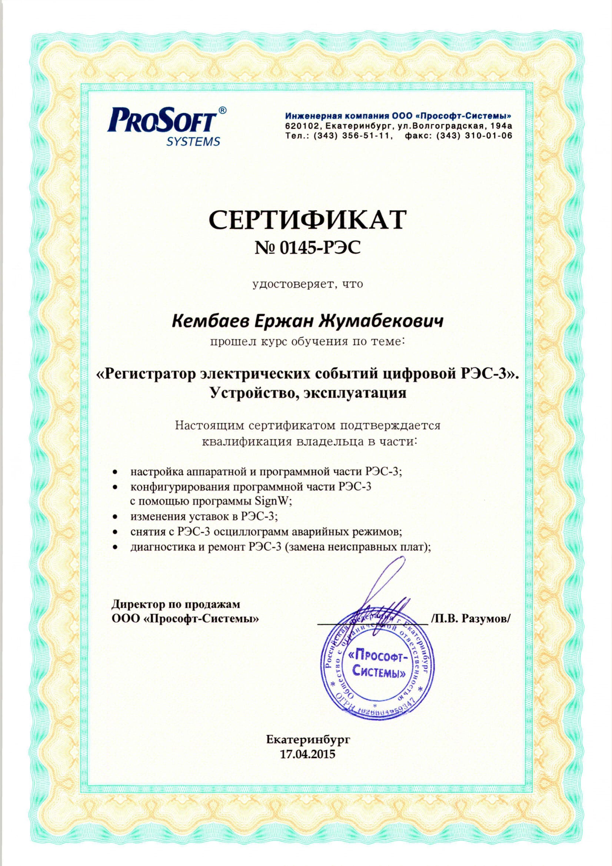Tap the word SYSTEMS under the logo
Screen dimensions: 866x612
193,142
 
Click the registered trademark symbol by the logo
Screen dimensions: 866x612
223,110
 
